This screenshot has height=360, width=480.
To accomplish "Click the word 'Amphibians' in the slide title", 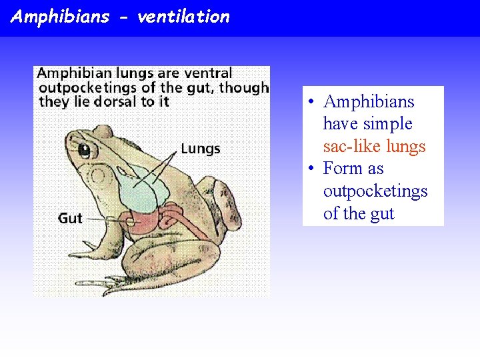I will coord(60,17).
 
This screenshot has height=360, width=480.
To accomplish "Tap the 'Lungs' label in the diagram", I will coord(200,148).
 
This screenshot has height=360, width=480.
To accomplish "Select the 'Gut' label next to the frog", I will coord(70,218).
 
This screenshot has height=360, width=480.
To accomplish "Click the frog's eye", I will coord(85,150).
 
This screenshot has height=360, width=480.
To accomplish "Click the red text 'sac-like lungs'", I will coord(374,146).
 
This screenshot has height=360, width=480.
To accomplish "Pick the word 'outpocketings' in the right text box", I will coord(375,191).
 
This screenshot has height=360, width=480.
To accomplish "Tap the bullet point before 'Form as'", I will coord(311,169).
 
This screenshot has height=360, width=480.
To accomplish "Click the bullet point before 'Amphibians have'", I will coord(311,102).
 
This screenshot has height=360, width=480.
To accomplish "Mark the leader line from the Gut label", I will coord(107,218).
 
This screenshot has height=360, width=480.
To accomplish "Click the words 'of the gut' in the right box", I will coord(359,213).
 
